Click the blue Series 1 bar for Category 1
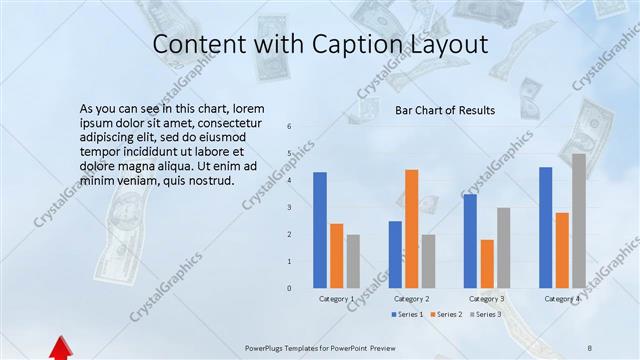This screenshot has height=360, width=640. [320, 230]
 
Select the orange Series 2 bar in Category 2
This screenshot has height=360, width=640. [412, 229]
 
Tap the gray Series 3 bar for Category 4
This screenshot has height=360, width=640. [579, 221]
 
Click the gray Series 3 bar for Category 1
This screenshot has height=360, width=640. [354, 261]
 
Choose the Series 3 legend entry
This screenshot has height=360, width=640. [484, 315]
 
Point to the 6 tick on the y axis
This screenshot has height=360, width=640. [289, 127]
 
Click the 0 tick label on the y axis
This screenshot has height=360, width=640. [289, 288]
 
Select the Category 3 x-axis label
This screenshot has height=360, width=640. [487, 299]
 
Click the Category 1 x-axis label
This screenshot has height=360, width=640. [337, 299]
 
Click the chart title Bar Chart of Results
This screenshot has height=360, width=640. [445, 110]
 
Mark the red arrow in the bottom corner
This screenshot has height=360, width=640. [61, 348]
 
